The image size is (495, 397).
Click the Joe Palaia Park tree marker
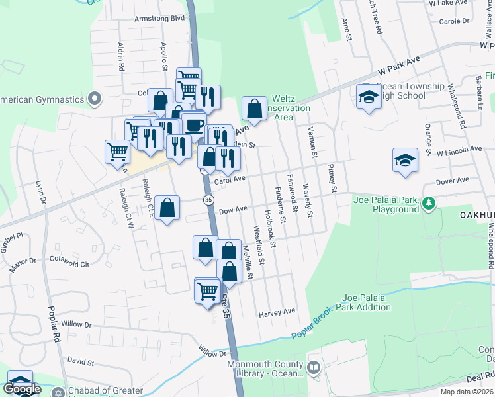pyautogui.click(x=429, y=202)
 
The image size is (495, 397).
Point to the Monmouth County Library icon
pyautogui.click(x=314, y=366)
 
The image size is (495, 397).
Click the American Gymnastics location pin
pyautogui.click(x=94, y=99)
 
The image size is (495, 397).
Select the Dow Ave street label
pyautogui.click(x=232, y=209)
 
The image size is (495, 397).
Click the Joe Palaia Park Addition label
pyautogui.click(x=376, y=302)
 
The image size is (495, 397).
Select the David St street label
pyautogui.click(x=81, y=363)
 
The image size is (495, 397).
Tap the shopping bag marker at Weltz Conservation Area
pyautogui.click(x=254, y=108)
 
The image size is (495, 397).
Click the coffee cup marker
pyautogui.click(x=193, y=124)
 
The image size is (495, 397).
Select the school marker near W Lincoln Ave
pyautogui.click(x=405, y=161)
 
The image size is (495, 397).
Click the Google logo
pyautogui.click(x=22, y=389)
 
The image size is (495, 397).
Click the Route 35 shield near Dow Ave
pyautogui.click(x=208, y=199)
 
